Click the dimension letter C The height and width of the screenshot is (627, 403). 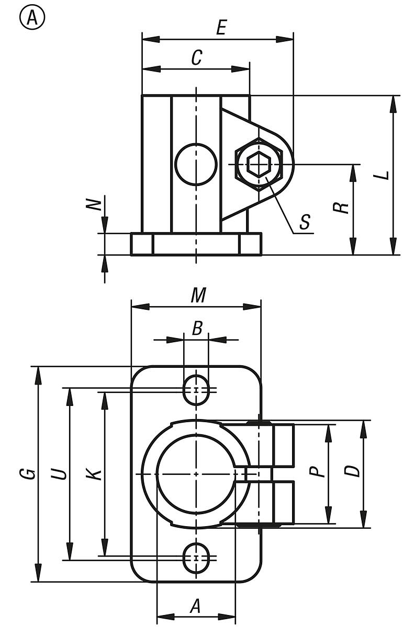[x=196, y=58]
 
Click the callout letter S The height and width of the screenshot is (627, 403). [x=305, y=222]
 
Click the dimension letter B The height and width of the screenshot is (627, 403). [x=197, y=329]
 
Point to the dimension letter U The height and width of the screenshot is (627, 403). [x=61, y=473]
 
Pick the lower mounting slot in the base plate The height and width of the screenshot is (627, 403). [x=196, y=558]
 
